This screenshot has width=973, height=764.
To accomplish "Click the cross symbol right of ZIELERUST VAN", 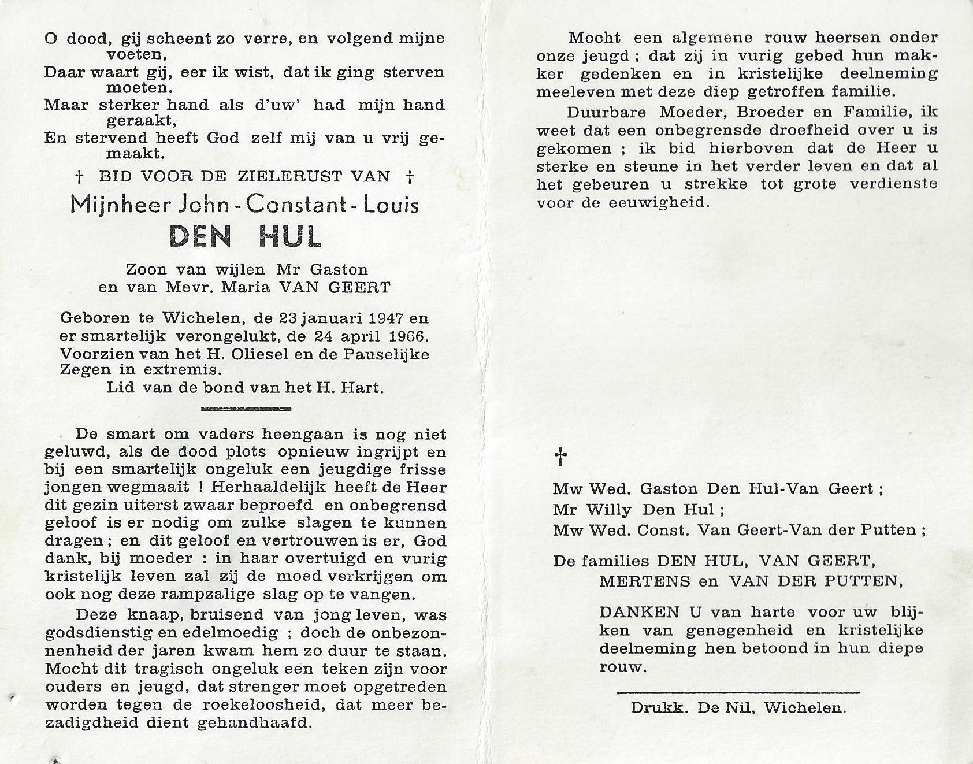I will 410,176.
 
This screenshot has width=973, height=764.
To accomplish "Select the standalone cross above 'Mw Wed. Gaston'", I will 560,457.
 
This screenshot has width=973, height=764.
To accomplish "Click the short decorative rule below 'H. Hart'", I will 244,409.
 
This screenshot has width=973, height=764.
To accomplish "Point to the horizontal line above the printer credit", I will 738,691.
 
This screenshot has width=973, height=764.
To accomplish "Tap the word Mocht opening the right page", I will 594,38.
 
